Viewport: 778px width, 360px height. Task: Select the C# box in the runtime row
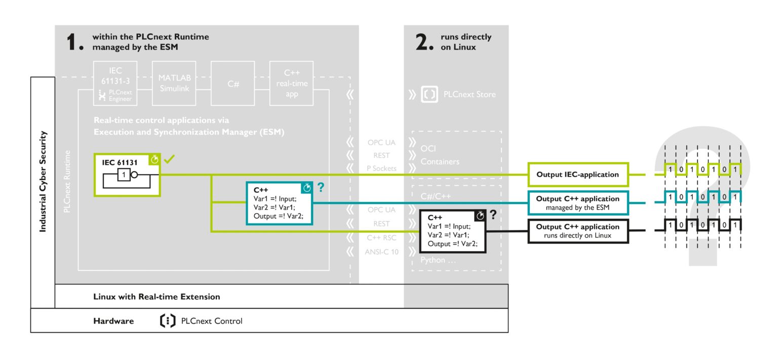coord(233,84)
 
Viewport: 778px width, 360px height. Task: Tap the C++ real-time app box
coord(292,84)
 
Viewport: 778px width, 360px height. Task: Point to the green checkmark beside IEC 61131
coord(170,159)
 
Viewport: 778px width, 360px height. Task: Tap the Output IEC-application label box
coord(577,175)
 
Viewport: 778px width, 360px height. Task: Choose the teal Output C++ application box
coord(577,203)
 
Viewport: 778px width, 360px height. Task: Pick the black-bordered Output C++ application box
coord(577,231)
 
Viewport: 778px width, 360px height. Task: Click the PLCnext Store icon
coord(430,94)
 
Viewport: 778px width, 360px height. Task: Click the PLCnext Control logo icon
coord(167,321)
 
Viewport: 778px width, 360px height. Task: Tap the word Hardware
coord(113,321)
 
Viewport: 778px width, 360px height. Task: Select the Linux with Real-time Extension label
coord(157,297)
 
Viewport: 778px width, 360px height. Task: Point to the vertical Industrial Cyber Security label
coord(43,181)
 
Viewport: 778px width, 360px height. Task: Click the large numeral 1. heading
coord(75,43)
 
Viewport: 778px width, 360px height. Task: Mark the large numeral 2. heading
coord(424,43)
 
